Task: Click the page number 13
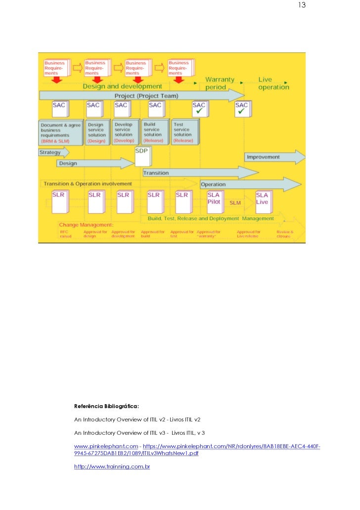click(x=302, y=5)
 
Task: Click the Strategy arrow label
click(x=50, y=152)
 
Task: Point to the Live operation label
click(x=273, y=83)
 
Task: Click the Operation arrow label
click(x=213, y=185)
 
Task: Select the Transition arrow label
click(x=156, y=173)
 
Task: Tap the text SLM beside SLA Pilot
click(x=235, y=203)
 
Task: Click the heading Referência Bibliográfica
click(x=106, y=407)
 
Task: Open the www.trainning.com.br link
click(x=112, y=466)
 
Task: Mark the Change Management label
click(x=86, y=225)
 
